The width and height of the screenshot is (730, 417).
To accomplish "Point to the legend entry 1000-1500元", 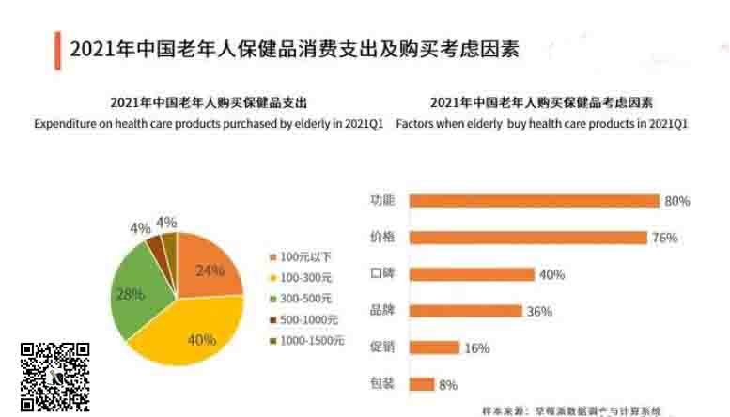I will click(307, 339).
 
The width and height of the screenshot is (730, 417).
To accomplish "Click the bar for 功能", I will click(535, 201).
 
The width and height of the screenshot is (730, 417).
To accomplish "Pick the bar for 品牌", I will click(466, 311).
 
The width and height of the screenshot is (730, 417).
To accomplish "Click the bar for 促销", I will click(435, 347).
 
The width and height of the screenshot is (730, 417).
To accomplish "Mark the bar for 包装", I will click(423, 384).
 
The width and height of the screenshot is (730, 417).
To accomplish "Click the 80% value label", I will click(677, 201).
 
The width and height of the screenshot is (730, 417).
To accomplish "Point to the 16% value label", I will click(477, 347).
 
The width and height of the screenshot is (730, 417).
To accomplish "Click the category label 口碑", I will click(382, 274).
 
